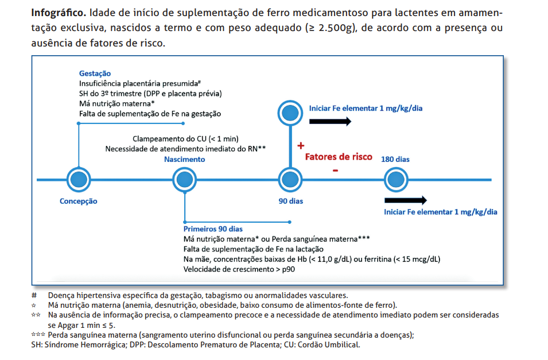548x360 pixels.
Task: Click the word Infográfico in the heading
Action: coord(59,13)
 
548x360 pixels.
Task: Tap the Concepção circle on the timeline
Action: coord(78,180)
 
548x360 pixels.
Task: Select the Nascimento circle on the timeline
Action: coord(184,180)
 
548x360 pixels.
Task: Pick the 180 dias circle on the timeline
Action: coord(395,180)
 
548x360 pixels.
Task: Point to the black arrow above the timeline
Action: coord(330,121)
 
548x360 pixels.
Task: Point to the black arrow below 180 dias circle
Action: coord(405,200)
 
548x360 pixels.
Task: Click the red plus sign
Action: coord(300,146)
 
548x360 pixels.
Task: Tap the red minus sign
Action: coord(335,171)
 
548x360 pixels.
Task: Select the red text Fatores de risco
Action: coord(338,157)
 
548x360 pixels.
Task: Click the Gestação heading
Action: coord(95,73)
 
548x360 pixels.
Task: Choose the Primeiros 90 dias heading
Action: coord(213,229)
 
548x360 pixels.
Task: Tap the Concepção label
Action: coord(79,202)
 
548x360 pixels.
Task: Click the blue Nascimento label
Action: coord(184,159)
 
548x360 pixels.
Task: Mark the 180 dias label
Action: coord(395,159)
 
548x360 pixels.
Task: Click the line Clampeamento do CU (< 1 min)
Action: coord(185,139)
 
